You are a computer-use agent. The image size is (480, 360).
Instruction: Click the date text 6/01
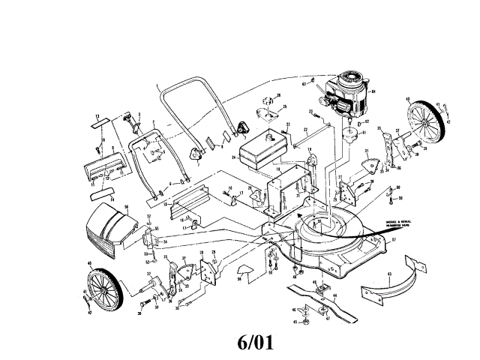[x=255, y=343]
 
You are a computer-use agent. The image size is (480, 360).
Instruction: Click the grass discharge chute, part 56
[x=106, y=229]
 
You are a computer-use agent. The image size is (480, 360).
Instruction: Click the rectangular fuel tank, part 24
[x=259, y=151]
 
